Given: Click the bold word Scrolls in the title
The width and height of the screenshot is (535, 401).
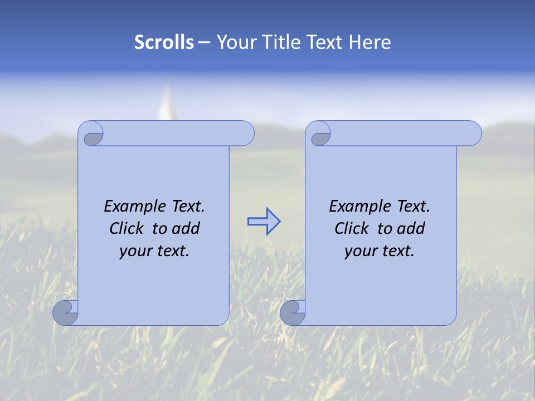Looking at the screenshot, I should click(164, 42).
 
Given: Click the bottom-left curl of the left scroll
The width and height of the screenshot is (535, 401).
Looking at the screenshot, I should click(65, 313).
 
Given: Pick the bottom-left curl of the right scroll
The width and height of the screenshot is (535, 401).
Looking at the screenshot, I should click(292, 313).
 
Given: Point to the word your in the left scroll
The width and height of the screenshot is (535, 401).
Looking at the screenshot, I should click(134, 251).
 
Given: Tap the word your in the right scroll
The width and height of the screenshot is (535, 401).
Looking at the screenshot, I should click(359, 251).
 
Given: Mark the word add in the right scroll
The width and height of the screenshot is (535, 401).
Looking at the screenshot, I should click(411, 228).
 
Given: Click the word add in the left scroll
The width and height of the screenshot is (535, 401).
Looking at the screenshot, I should click(186, 228).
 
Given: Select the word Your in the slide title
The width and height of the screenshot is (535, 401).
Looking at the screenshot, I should click(234, 42).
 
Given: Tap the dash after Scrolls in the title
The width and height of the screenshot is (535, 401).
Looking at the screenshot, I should click(204, 42).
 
